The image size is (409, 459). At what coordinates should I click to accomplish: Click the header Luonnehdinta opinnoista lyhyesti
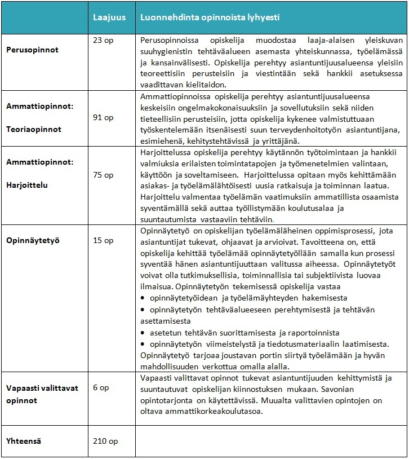[x=210, y=17]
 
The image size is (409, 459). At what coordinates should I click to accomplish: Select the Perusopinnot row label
[x=32, y=50]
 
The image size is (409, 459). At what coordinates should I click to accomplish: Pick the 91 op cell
[x=103, y=117]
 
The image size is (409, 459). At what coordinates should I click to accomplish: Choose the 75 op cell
[x=103, y=175]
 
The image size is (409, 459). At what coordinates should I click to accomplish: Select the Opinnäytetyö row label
[x=33, y=240]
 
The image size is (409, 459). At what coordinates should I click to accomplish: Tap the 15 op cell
[x=103, y=241]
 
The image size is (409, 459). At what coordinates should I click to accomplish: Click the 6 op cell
[x=101, y=388]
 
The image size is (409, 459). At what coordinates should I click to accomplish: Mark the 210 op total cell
[x=105, y=440]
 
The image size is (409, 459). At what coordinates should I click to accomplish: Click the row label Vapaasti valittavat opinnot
[x=42, y=394]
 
